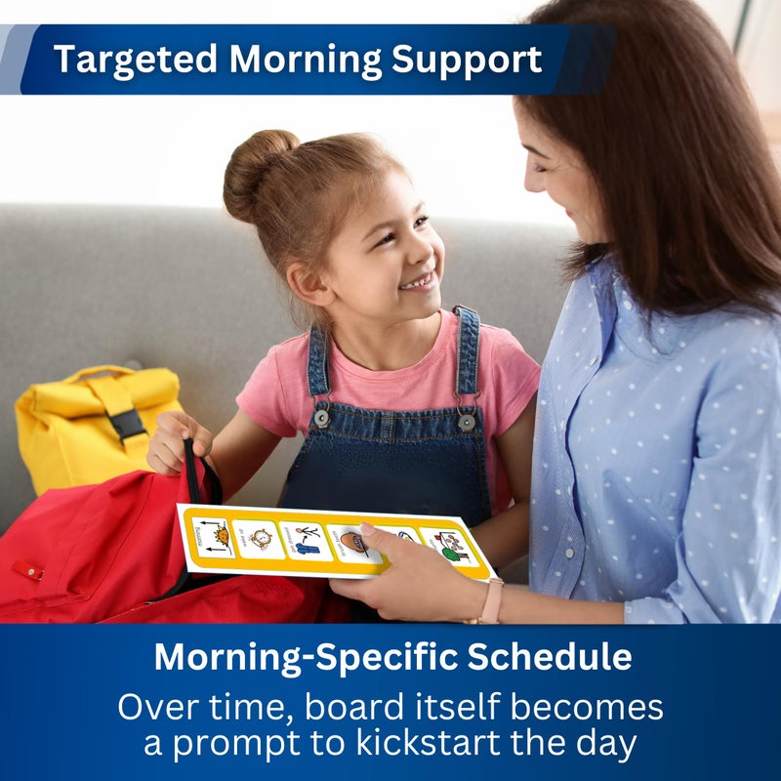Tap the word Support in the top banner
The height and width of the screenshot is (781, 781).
click(466, 60)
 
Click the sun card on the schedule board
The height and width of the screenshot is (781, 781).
click(215, 535)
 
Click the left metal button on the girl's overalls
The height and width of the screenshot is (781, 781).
click(321, 417)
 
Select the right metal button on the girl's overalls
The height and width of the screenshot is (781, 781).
click(467, 422)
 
